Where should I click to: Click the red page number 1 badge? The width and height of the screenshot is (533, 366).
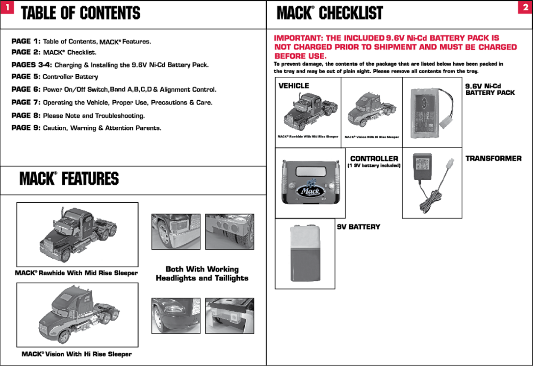point(7,7)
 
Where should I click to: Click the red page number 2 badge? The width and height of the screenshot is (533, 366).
point(525,7)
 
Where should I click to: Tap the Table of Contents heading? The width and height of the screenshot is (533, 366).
point(80,13)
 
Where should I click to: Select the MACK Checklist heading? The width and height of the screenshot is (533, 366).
point(330,13)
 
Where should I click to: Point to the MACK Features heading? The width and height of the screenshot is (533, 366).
point(69,179)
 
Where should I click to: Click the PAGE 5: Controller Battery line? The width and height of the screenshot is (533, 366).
point(55,77)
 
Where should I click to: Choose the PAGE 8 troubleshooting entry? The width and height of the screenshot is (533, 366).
point(78,115)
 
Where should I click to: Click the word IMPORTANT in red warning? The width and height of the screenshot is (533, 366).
point(298,38)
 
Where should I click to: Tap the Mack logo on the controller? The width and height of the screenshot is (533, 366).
point(310,190)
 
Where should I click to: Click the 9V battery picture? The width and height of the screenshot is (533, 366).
point(305,253)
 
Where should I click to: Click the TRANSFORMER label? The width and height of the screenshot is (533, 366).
point(493,158)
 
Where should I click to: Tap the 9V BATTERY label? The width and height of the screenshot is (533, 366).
point(359,227)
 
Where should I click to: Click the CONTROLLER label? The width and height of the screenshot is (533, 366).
point(374,159)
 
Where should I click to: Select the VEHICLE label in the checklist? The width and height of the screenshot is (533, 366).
point(294,86)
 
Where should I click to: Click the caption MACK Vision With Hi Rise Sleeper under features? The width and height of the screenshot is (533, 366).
point(76,354)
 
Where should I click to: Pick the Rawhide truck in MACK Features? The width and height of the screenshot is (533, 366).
point(78,234)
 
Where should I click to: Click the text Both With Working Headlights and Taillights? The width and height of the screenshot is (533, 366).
point(202,273)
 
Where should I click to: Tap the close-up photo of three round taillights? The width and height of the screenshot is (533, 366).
point(229,232)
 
